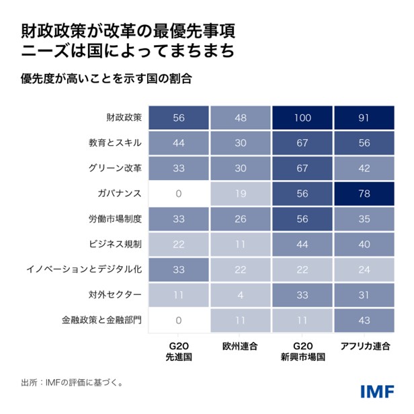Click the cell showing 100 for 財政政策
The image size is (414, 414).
click(303, 118)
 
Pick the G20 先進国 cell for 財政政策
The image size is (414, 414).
click(178, 118)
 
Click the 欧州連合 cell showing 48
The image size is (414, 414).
click(241, 118)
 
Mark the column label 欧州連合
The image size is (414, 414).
click(241, 346)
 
